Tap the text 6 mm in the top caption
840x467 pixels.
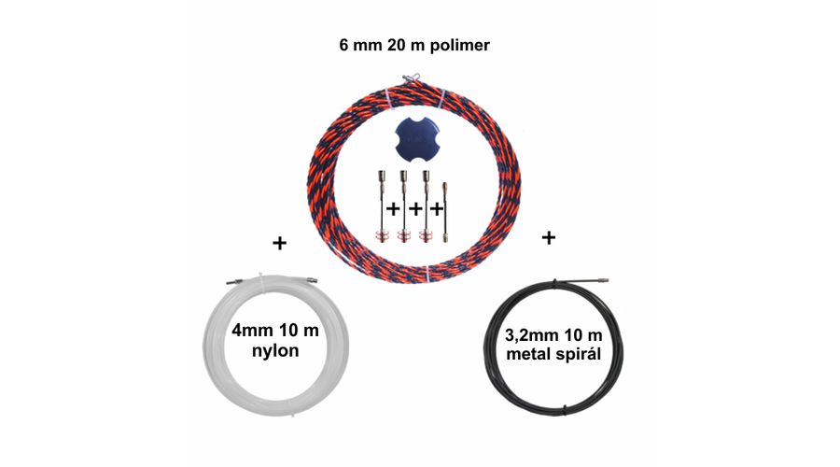click(x=357, y=44)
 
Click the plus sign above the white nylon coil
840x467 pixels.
click(x=278, y=243)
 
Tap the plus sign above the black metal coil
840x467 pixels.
click(x=548, y=238)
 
